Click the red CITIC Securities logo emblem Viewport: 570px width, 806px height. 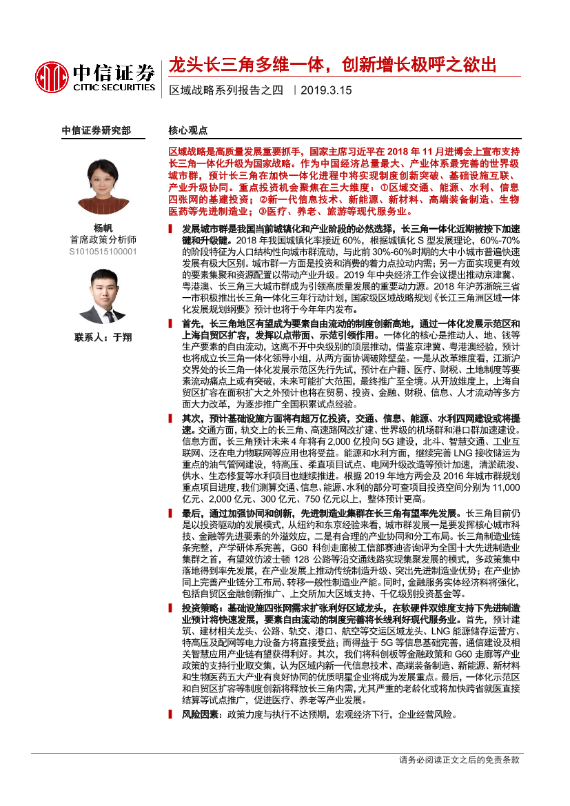pyautogui.click(x=52, y=76)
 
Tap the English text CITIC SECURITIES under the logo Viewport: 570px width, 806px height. pyautogui.click(x=112, y=88)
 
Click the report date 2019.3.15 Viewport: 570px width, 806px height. pyautogui.click(x=326, y=90)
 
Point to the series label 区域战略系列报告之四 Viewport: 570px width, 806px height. pyautogui.click(x=226, y=90)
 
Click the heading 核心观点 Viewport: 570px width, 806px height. pyautogui.click(x=188, y=130)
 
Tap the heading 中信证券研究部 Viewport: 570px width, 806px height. pyautogui.click(x=96, y=130)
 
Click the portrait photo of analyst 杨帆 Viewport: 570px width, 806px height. pyautogui.click(x=103, y=185)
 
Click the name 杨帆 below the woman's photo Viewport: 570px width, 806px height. pyautogui.click(x=103, y=228)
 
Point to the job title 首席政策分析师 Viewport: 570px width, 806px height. pyautogui.click(x=103, y=240)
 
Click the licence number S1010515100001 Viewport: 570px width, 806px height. pyautogui.click(x=103, y=252)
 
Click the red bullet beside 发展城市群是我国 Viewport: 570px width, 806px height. pyautogui.click(x=172, y=228)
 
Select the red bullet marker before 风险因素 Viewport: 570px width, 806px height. pyautogui.click(x=172, y=715)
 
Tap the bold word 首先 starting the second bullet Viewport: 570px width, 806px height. pyautogui.click(x=192, y=324)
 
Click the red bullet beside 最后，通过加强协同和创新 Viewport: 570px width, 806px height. pyautogui.click(x=172, y=514)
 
